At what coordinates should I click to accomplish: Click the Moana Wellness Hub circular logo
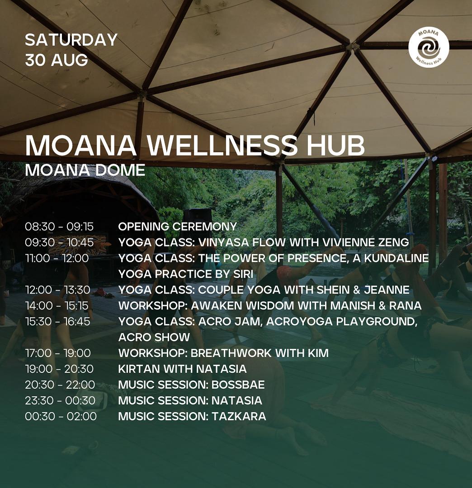pyautogui.click(x=429, y=47)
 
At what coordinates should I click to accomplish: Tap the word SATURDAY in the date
pyautogui.click(x=71, y=40)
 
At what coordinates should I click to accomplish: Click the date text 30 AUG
pyautogui.click(x=57, y=60)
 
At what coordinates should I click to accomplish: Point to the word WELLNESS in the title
pyautogui.click(x=222, y=145)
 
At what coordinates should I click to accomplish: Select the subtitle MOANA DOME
pyautogui.click(x=85, y=170)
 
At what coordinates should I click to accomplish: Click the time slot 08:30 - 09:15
pyautogui.click(x=59, y=227)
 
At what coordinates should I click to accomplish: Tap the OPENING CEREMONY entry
pyautogui.click(x=177, y=227)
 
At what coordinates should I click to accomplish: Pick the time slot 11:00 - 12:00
pyautogui.click(x=57, y=258)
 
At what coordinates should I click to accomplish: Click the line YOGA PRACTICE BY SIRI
pyautogui.click(x=185, y=274)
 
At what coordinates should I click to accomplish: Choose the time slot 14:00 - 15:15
pyautogui.click(x=57, y=306)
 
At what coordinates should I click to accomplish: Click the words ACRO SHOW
pyautogui.click(x=154, y=337)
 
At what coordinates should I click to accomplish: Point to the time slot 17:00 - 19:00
pyautogui.click(x=58, y=353)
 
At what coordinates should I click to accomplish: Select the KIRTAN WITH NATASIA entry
pyautogui.click(x=182, y=369)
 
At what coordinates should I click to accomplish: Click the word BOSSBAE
pyautogui.click(x=238, y=385)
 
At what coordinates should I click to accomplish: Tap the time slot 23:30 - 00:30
pyautogui.click(x=60, y=400)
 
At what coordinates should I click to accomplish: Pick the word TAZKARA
pyautogui.click(x=239, y=416)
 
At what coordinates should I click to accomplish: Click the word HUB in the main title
pyautogui.click(x=335, y=145)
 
